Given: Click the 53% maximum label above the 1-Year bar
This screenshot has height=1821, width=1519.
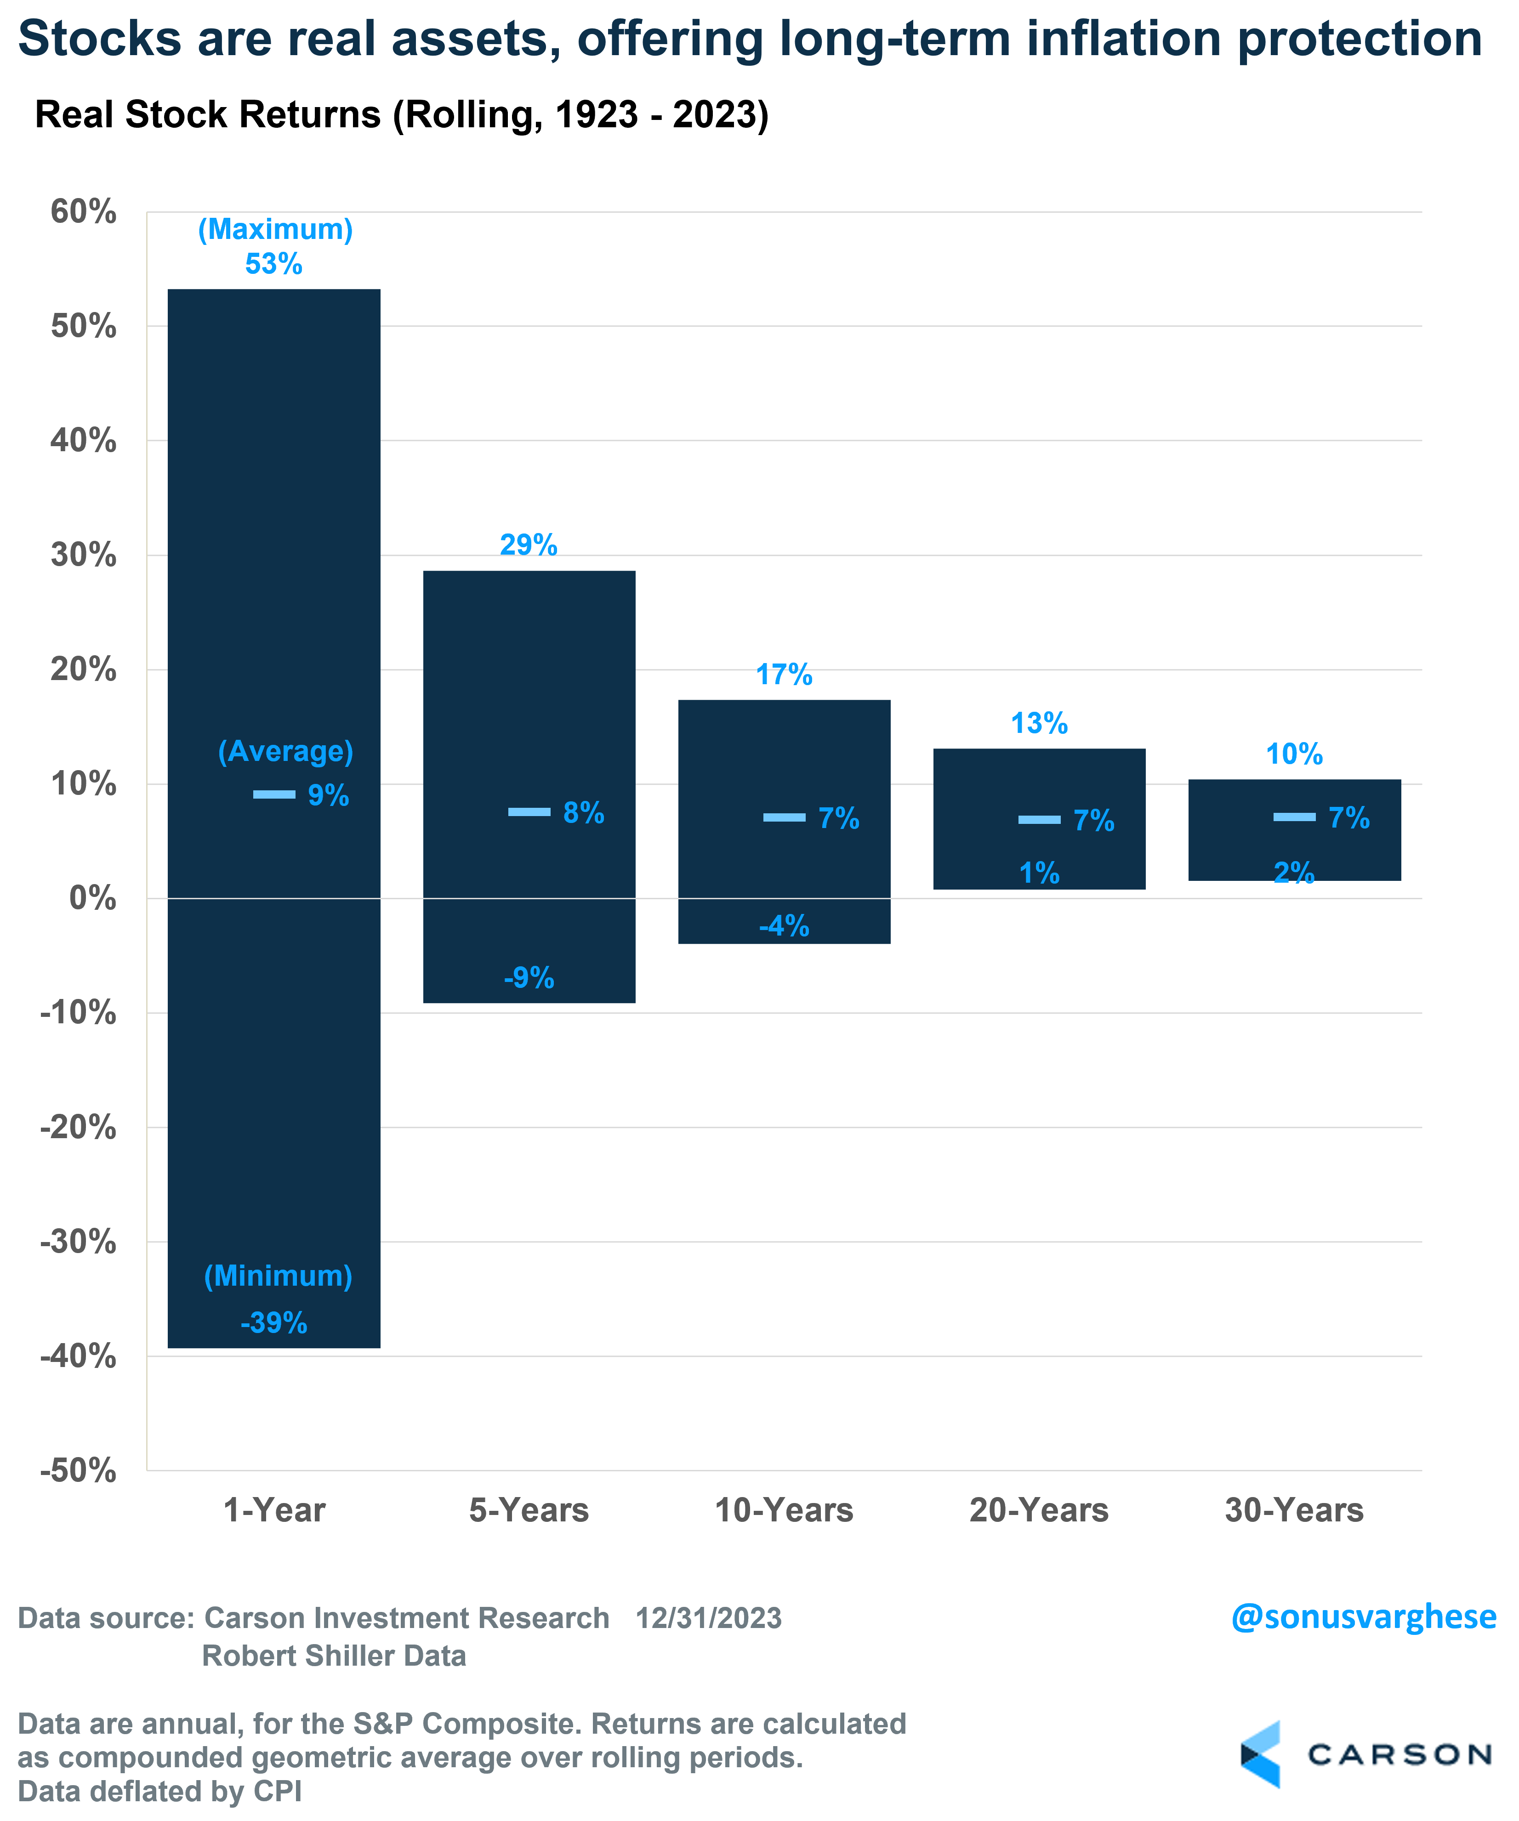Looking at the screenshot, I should tap(273, 264).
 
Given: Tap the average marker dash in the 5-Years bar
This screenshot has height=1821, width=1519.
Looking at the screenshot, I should tap(529, 811).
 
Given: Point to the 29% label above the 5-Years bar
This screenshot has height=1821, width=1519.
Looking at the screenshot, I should tap(528, 545).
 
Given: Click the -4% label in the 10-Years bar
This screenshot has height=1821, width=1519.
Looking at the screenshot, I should tap(784, 925).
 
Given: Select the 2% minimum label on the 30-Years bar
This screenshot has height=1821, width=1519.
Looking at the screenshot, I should tap(1293, 872).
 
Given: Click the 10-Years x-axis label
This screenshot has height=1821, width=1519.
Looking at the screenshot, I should tap(784, 1510).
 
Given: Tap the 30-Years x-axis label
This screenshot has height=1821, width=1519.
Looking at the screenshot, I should tap(1293, 1510).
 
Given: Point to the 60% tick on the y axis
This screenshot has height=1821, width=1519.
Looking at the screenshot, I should tap(83, 211).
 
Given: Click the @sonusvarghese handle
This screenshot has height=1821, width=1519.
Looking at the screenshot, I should tap(1364, 1617).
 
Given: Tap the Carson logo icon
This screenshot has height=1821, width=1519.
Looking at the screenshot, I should tap(1261, 1754).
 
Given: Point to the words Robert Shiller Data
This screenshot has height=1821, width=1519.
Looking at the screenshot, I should tap(334, 1656).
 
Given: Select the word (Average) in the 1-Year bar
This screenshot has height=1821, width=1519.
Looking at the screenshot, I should tap(285, 751).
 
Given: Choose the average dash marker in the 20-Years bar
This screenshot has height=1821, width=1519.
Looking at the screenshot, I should tap(1039, 819).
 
